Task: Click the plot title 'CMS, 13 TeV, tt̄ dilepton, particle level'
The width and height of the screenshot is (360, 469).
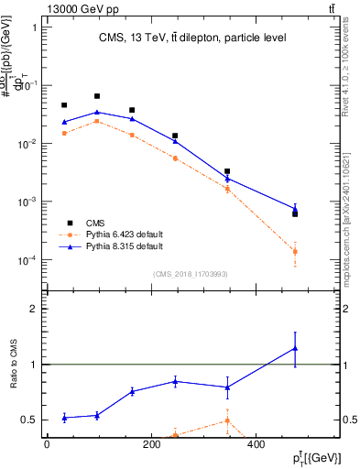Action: [192, 38]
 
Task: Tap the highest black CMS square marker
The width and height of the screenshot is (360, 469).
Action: [97, 96]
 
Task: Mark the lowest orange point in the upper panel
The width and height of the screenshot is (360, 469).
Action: [295, 251]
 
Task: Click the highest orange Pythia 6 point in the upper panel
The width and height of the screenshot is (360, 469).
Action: [97, 121]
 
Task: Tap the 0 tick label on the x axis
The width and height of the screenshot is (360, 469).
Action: [47, 444]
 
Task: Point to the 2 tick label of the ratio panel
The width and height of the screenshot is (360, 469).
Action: [32, 309]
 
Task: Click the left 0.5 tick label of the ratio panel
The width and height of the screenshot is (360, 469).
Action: [28, 420]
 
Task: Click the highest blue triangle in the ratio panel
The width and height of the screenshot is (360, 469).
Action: [295, 347]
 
